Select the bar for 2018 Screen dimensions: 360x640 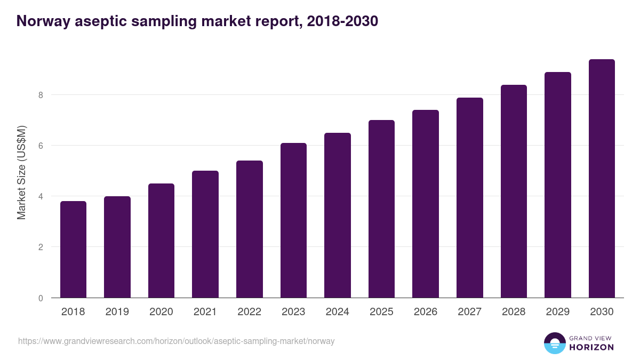[x=73, y=250]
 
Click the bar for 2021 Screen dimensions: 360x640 [x=205, y=234]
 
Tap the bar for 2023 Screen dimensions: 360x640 [x=293, y=220]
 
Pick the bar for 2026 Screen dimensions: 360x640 [x=426, y=204]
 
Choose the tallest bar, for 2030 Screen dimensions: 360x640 [x=602, y=179]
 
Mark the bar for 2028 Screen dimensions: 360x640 [x=514, y=191]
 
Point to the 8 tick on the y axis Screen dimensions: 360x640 [x=40, y=95]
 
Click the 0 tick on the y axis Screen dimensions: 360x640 [x=40, y=298]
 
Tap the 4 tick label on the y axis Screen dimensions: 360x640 [x=40, y=196]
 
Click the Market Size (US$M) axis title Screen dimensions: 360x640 [x=22, y=173]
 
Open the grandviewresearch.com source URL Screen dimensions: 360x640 [x=177, y=341]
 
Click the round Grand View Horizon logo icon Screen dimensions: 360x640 [x=555, y=343]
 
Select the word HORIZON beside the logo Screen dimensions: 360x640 [x=591, y=347]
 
